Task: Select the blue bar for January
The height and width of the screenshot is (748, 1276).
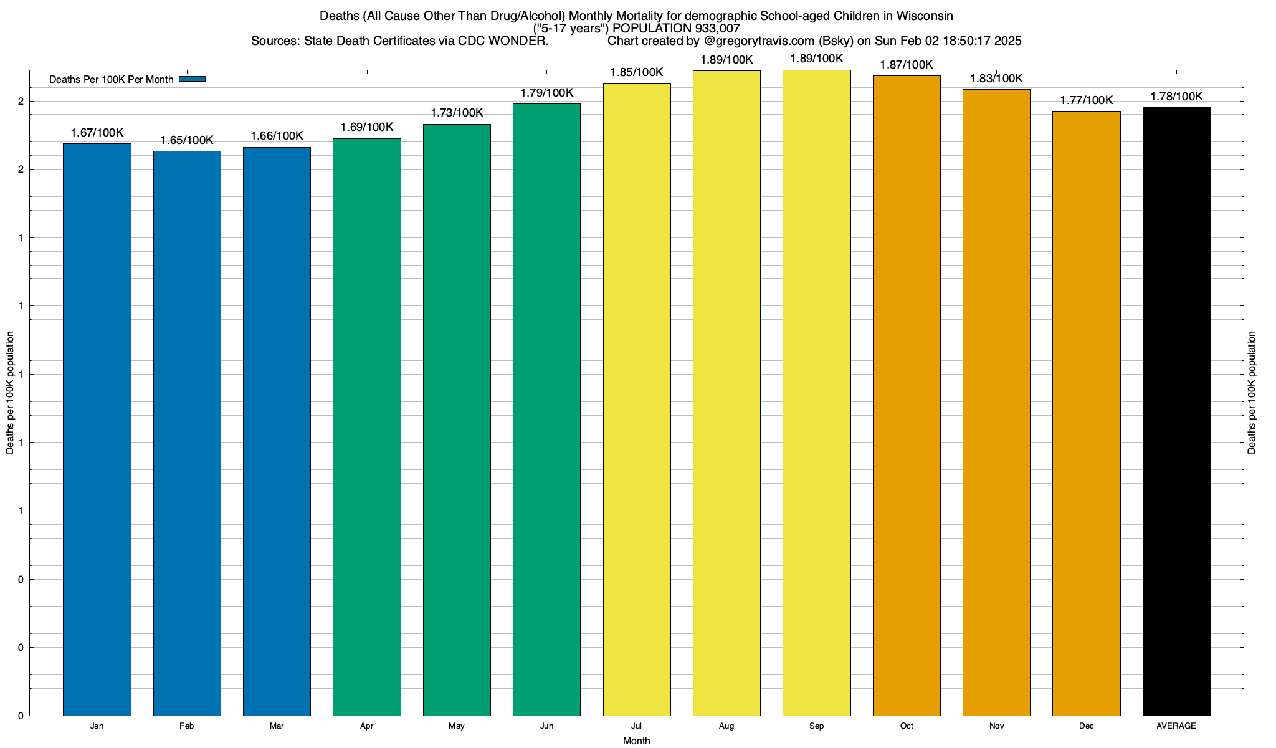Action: [97, 429]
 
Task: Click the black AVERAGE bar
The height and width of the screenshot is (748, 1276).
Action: [1176, 411]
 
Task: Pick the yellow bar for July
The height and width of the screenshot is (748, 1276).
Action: [637, 399]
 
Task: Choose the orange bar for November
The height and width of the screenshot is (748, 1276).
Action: [996, 402]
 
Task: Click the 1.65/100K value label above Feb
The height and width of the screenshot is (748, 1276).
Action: [187, 140]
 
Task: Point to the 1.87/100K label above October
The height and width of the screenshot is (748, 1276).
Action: [907, 65]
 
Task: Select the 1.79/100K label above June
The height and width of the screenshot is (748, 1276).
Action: [547, 93]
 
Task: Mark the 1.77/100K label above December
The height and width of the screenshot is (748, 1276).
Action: [1087, 100]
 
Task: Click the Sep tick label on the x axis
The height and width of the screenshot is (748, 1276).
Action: [816, 726]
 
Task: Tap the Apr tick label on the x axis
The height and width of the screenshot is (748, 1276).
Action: [367, 726]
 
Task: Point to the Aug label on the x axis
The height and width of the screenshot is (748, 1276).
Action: [726, 726]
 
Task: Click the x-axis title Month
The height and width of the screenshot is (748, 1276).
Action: [636, 741]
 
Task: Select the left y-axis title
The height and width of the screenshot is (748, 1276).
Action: [10, 393]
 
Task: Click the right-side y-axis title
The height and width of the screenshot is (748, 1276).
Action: [1252, 393]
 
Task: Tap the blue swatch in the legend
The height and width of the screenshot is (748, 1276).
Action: [192, 79]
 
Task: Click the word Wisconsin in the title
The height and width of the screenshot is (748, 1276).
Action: [925, 16]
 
